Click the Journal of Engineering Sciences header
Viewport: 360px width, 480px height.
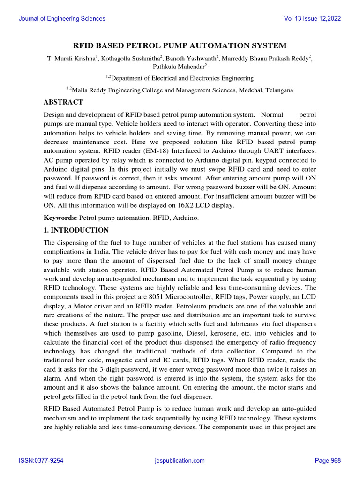62,19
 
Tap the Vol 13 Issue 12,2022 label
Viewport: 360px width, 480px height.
313,19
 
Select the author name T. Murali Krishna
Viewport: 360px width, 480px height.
71,59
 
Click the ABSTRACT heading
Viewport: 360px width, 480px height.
63,102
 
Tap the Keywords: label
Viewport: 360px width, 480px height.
60,218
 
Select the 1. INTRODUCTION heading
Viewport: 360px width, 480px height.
76,230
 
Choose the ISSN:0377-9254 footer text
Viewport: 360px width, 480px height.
41,461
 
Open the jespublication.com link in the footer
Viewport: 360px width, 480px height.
180,461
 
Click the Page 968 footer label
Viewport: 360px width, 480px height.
328,461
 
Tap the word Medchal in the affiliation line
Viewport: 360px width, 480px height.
237,90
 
